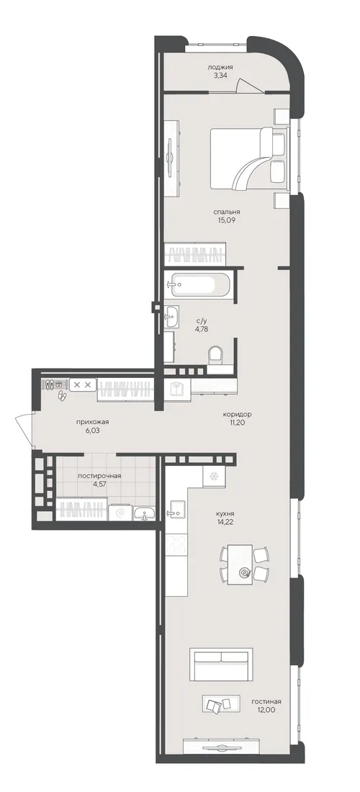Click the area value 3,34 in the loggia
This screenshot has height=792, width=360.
(x=220, y=76)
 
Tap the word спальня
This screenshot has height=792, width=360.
(x=226, y=212)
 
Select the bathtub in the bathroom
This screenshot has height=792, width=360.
(x=199, y=285)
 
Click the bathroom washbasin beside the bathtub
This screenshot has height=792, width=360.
(x=171, y=317)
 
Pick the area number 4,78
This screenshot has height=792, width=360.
(x=202, y=328)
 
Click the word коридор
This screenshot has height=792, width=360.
(x=238, y=414)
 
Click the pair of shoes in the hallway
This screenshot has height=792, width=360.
(x=62, y=395)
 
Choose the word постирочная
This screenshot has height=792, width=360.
(x=99, y=475)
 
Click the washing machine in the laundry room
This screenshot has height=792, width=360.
(x=121, y=512)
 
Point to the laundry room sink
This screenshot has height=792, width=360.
(x=145, y=513)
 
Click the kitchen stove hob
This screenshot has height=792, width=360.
(x=176, y=545)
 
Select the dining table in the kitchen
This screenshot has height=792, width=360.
(x=240, y=564)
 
